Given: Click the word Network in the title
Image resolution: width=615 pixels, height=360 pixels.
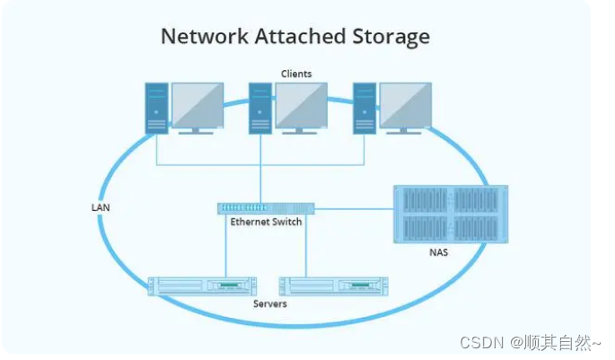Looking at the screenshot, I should [x=198, y=37].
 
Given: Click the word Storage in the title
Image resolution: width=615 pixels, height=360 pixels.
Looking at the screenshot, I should [x=385, y=37].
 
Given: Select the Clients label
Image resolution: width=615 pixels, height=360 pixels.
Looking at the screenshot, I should [x=296, y=74].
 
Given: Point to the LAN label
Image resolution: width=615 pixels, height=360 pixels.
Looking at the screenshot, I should [x=101, y=206].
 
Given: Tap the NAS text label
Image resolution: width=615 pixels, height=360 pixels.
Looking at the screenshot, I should [x=439, y=252].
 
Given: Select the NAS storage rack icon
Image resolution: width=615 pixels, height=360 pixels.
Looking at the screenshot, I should [x=451, y=214].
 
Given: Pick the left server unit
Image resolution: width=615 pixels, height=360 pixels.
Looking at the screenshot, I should [x=202, y=285].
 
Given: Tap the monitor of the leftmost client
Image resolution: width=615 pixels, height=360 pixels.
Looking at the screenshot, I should [x=198, y=106].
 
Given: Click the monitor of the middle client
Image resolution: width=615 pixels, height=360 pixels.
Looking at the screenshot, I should [x=301, y=106].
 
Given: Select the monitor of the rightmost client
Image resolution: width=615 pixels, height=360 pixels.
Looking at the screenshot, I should [x=405, y=106].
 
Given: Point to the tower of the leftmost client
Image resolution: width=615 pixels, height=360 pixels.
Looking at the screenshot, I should [x=157, y=108].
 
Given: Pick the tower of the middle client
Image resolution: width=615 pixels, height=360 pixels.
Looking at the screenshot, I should [x=260, y=108].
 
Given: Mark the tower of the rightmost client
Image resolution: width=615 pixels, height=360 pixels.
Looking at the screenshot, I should [x=364, y=108].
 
